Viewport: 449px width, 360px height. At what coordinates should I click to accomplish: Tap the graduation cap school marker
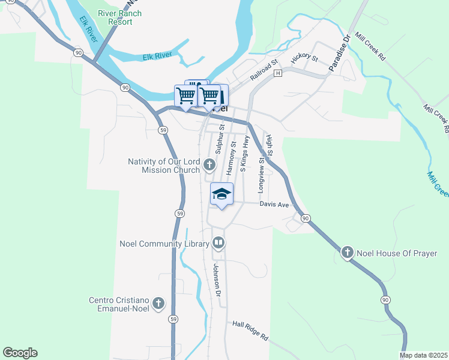pos(221,194)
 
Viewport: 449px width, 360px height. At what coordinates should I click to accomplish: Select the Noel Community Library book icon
pos(218,243)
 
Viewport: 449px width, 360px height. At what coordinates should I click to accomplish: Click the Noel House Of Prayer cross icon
pos(348,253)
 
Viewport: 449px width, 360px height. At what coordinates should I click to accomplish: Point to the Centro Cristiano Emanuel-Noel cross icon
pos(158,304)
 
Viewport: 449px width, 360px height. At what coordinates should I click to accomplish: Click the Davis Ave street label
pos(274,205)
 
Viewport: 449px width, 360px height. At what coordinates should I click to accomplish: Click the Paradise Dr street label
pos(339,56)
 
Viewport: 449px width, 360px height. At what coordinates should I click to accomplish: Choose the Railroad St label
pos(264,70)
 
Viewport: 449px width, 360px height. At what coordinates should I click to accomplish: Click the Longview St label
pos(261,175)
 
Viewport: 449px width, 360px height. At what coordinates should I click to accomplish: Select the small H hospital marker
pos(277,73)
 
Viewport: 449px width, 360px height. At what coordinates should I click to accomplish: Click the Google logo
pos(20,353)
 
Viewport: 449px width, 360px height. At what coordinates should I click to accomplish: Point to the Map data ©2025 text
pos(423,355)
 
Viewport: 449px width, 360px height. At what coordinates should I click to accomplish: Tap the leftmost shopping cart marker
pos(185,95)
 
